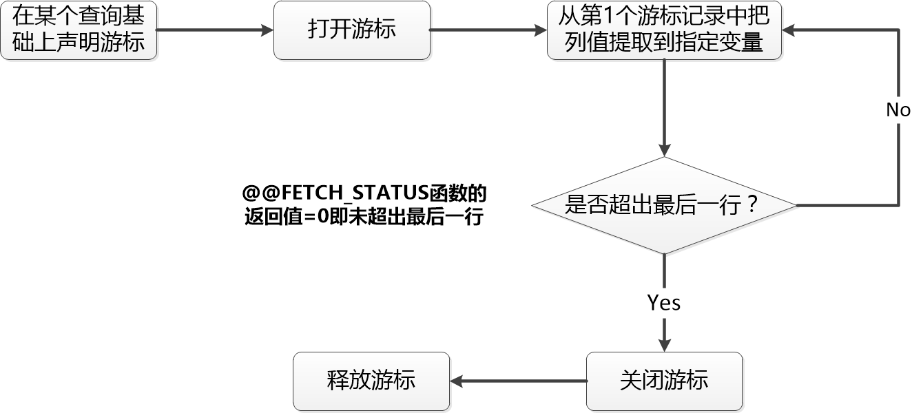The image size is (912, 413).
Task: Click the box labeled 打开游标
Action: (352, 30)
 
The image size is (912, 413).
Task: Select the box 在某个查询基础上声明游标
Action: (79, 30)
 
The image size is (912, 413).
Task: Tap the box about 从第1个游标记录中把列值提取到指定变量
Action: (664, 30)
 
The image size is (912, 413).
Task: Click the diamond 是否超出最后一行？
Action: (664, 205)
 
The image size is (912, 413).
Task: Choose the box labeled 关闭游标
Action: (664, 381)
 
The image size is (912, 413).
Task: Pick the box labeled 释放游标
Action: (371, 381)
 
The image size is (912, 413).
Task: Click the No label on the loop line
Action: (898, 110)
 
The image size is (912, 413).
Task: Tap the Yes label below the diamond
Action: (664, 303)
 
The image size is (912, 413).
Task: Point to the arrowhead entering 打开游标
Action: (268, 30)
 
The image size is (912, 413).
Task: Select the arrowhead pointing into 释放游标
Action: (456, 381)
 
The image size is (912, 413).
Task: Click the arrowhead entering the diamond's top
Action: (664, 151)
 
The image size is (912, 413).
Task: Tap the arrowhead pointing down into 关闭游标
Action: (664, 346)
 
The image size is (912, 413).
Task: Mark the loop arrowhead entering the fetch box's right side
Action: (789, 30)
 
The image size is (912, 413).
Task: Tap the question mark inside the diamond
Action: (752, 205)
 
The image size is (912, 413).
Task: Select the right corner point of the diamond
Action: (796, 205)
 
